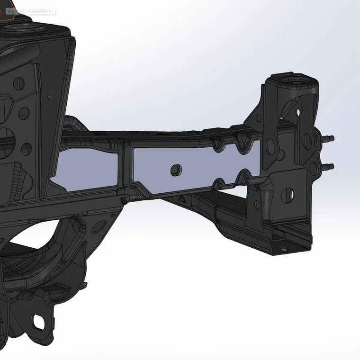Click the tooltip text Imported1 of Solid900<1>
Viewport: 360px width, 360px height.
[30, 10]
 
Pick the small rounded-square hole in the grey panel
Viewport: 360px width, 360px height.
[175, 169]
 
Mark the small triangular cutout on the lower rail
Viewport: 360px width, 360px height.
[182, 199]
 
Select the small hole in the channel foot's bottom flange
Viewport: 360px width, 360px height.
[283, 248]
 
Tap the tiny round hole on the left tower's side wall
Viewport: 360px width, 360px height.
[49, 96]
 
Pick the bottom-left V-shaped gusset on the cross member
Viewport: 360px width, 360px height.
[219, 184]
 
